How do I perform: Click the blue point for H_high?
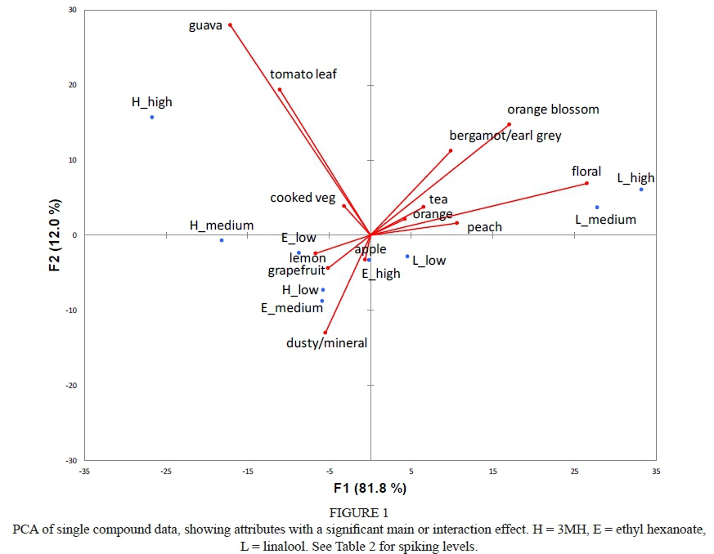[152, 117]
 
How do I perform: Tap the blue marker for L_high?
[641, 190]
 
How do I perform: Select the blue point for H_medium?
[222, 240]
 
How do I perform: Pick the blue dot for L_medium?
[597, 208]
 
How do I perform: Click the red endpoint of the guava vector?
[230, 25]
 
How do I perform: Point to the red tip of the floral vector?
[586, 183]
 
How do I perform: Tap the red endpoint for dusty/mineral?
[325, 333]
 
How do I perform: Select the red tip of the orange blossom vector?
[509, 124]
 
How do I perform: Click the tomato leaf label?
[303, 74]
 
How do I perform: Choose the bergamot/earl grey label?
[505, 136]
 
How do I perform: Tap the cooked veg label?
[303, 199]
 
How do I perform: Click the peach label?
[484, 227]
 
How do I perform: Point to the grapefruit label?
[297, 270]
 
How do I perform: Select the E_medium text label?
[292, 308]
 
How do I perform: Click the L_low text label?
[429, 261]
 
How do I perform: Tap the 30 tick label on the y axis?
[73, 10]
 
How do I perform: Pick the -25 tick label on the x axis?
[166, 471]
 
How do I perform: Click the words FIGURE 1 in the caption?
[357, 514]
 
